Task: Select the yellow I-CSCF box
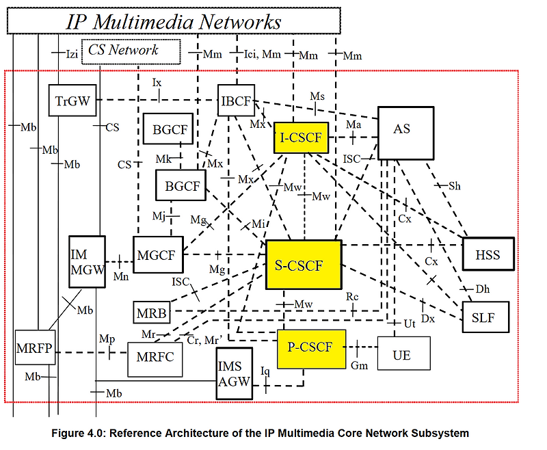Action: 301,138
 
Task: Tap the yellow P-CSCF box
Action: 311,347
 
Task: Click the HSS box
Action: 487,256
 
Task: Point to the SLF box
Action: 485,317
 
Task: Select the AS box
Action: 405,129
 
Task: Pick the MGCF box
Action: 159,255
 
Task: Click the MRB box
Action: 151,311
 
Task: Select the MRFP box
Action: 34,349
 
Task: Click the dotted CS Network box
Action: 131,51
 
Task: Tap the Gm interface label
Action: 359,366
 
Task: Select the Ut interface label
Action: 410,322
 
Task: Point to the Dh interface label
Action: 483,289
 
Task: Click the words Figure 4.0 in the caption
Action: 105,432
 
